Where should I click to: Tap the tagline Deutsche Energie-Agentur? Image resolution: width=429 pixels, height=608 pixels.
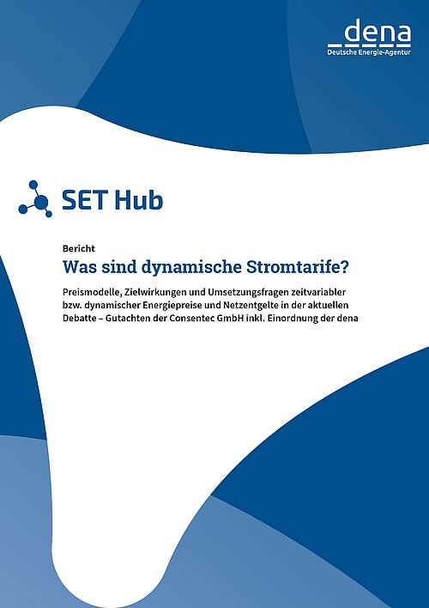pos(369,52)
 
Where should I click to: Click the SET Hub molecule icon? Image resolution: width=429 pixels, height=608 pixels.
pos(35,198)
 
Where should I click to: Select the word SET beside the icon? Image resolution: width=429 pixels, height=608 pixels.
pos(85,200)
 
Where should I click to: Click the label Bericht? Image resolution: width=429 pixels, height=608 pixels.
pos(79,248)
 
